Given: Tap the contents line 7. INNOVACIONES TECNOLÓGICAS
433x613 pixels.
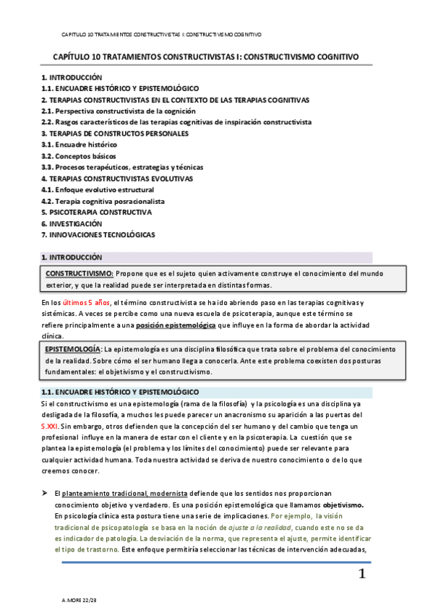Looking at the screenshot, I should [x=98, y=234].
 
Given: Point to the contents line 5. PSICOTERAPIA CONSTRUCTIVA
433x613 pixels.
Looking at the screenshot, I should [x=96, y=213].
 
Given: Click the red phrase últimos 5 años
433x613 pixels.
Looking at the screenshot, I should [x=87, y=302].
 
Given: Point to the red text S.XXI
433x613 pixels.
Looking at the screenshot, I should [x=51, y=426].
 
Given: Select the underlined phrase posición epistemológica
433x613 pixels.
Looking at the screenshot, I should [x=175, y=326].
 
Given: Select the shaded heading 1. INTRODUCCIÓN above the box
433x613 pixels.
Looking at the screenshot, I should [x=72, y=257].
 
